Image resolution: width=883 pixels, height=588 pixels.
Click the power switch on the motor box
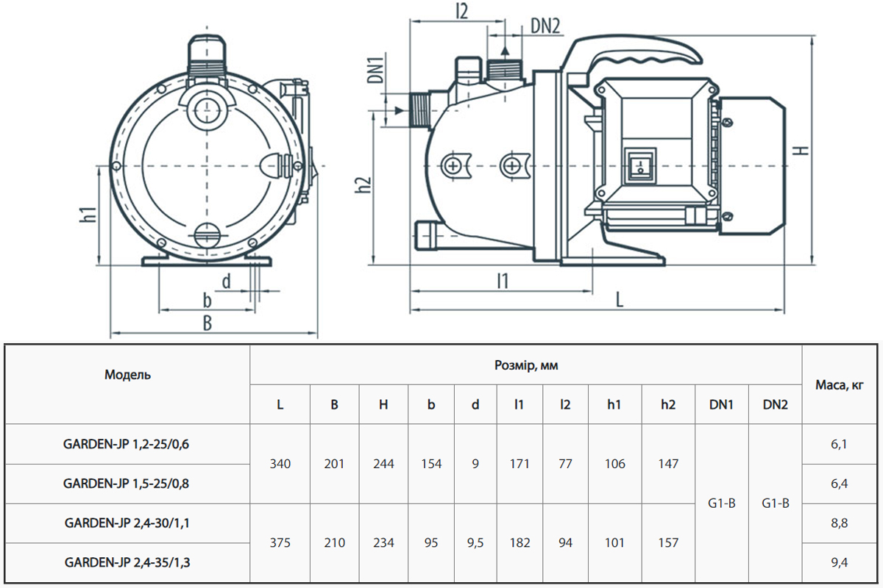(x=639, y=165)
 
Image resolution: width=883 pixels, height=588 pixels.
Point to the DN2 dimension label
(x=545, y=26)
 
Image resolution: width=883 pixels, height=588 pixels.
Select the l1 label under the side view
(x=503, y=280)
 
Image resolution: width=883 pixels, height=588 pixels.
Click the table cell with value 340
(x=280, y=464)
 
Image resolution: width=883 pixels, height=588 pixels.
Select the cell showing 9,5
(x=475, y=543)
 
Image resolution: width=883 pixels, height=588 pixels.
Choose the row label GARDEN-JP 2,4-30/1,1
(x=127, y=523)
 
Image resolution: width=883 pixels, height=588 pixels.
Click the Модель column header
(x=127, y=375)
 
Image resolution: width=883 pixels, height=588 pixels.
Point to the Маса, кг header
(x=841, y=384)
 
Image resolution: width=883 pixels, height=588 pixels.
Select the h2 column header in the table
(x=667, y=404)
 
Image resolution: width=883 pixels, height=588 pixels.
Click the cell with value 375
(x=280, y=543)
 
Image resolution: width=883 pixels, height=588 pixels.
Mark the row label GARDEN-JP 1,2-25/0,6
(x=127, y=444)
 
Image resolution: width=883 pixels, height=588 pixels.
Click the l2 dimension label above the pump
(x=462, y=11)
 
